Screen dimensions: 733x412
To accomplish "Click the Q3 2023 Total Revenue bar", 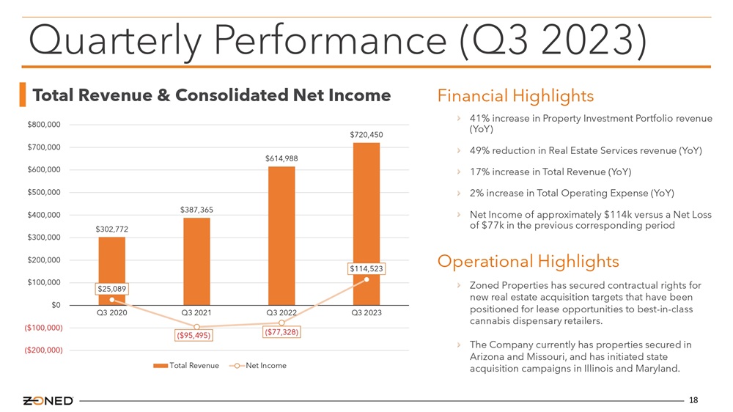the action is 366,224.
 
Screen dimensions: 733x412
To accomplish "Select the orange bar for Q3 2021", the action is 196,262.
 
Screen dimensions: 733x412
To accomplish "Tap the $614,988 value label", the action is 281,158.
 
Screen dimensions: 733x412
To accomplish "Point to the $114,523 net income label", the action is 366,268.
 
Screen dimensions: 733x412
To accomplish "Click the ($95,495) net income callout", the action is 194,335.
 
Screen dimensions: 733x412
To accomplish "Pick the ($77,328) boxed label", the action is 281,332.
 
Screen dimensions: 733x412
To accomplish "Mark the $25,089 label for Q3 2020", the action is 111,289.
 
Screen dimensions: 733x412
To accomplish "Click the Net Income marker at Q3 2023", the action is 366,279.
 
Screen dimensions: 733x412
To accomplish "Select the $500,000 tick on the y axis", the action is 44,192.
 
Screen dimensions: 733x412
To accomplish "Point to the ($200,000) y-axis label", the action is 43,350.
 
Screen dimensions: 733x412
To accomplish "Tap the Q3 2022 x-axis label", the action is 281,312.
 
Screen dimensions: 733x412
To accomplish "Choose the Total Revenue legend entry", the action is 186,365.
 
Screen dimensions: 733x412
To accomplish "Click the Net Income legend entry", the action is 257,365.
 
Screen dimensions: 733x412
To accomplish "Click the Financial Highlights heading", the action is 515,96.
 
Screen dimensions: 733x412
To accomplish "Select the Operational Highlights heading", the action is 528,261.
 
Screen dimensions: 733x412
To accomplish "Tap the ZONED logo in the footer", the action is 48,401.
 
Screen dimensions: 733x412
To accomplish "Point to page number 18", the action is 693,400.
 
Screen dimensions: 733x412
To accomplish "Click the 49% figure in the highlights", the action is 479,150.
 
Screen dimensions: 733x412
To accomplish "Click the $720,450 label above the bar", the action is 366,135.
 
